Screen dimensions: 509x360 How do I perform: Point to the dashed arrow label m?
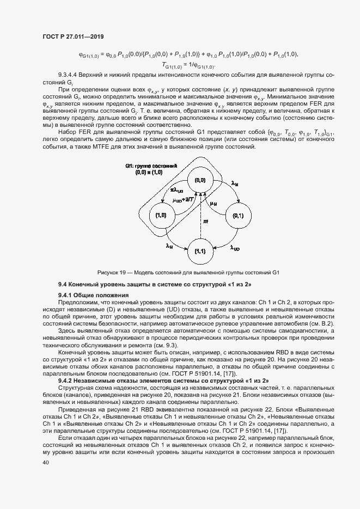coord(205,222)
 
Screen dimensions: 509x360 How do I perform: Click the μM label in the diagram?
coord(213,204)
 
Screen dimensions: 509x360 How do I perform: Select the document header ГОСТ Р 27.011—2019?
coord(73,36)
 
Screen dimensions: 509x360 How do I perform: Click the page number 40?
coord(46,462)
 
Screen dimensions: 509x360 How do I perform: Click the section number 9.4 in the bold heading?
coord(63,285)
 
